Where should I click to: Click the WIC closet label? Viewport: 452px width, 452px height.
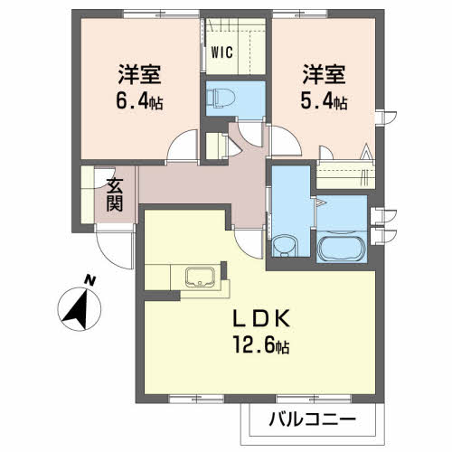221,52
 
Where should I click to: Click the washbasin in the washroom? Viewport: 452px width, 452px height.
284,245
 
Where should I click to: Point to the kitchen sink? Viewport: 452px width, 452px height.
200,277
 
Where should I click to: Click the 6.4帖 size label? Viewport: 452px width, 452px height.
139,101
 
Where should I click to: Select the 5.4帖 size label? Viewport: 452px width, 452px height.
324,101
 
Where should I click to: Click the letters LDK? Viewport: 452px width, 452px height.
261,318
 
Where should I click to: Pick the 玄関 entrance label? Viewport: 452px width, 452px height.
115,195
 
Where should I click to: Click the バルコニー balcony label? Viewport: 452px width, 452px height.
313,419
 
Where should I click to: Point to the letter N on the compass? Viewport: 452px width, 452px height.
89,280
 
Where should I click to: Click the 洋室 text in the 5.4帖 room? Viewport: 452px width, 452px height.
324,74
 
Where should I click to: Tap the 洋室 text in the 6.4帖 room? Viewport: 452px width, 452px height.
139,74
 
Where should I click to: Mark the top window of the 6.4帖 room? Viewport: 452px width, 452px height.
162,14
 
